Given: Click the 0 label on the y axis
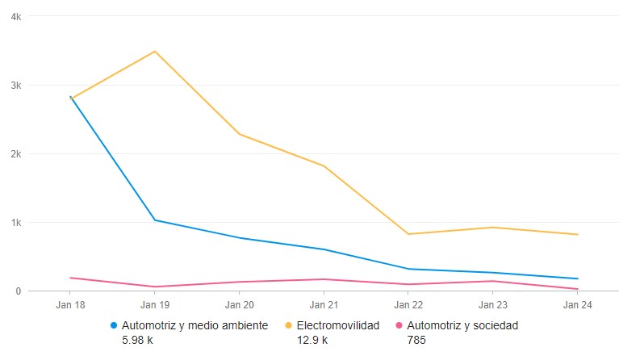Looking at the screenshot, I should click(19, 291).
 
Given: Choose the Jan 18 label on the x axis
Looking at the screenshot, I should click(70, 305).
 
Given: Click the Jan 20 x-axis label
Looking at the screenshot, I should click(240, 305).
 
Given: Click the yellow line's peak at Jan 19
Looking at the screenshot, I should click(155, 52).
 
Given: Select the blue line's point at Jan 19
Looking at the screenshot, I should click(155, 220).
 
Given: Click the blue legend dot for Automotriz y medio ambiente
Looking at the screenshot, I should click(114, 326).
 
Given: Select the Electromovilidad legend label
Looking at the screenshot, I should click(337, 325).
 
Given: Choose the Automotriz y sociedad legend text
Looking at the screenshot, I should click(462, 325).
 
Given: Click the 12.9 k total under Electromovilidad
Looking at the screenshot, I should click(312, 340).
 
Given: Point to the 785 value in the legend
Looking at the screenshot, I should click(416, 340).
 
